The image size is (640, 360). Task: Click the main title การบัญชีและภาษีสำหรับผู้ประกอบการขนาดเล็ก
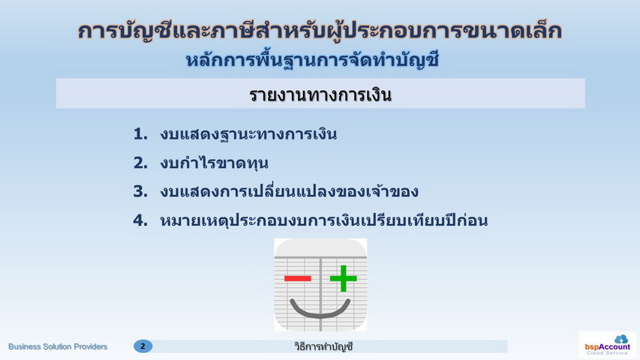(320, 31)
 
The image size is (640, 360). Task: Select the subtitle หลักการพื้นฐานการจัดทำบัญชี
(312, 61)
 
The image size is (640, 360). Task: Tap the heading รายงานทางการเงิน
(320, 95)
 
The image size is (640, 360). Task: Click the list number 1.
(140, 134)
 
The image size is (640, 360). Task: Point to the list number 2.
(140, 163)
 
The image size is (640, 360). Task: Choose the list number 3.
(140, 191)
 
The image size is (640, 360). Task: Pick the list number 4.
(140, 220)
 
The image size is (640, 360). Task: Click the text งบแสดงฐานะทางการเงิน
(248, 134)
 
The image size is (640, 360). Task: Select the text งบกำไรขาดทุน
(215, 163)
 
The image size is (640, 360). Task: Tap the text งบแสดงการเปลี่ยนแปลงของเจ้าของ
(289, 191)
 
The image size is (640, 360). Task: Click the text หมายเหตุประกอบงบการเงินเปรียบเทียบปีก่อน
(323, 220)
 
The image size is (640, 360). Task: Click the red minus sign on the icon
(298, 279)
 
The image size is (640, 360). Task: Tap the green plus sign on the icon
(344, 279)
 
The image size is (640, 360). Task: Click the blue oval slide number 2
(143, 346)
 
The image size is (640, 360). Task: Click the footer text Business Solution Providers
(58, 346)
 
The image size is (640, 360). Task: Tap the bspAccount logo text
(607, 347)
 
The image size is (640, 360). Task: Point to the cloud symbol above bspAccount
(621, 339)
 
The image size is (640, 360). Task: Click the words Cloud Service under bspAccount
(607, 353)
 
